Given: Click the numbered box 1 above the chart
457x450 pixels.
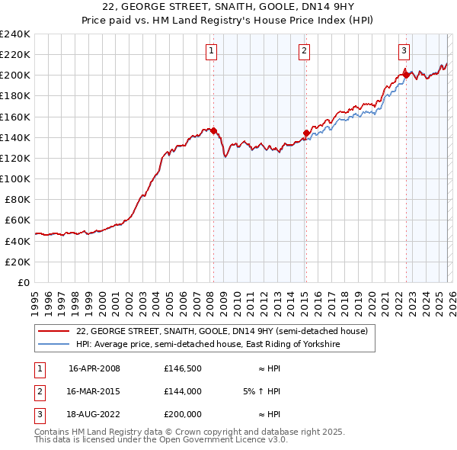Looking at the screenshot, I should click(x=210, y=51).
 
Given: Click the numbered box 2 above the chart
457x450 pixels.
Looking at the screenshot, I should click(x=304, y=51).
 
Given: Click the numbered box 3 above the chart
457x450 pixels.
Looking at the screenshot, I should click(x=404, y=51).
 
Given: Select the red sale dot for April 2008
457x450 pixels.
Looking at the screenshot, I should click(x=214, y=130).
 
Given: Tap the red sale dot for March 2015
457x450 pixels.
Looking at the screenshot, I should click(x=306, y=133).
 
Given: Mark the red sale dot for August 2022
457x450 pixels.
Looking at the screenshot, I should click(x=406, y=75).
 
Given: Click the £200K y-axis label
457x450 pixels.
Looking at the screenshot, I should click(x=14, y=76).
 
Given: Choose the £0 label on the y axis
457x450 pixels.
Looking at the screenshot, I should click(x=23, y=282).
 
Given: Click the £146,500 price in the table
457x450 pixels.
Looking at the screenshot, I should click(x=183, y=368).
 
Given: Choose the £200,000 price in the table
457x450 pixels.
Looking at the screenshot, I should click(x=183, y=414).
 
